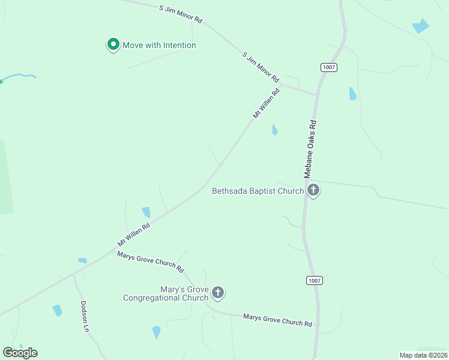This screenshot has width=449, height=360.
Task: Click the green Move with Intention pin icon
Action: pyautogui.click(x=112, y=44)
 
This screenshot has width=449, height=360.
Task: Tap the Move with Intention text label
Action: pyautogui.click(x=159, y=45)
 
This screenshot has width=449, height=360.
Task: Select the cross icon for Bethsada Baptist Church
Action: pyautogui.click(x=313, y=191)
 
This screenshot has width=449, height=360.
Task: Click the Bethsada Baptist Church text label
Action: pyautogui.click(x=258, y=191)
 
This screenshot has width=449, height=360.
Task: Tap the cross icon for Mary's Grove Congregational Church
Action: pyautogui.click(x=218, y=293)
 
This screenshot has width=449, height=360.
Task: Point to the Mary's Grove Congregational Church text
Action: pyautogui.click(x=166, y=293)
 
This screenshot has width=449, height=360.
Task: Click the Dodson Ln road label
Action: pyautogui.click(x=85, y=316)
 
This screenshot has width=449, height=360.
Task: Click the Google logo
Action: pyautogui.click(x=20, y=352)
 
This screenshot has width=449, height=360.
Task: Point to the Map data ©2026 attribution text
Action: pyautogui.click(x=423, y=355)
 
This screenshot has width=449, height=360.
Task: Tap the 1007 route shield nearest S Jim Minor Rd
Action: pyautogui.click(x=328, y=67)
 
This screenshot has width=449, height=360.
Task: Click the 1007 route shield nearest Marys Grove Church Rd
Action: pyautogui.click(x=314, y=280)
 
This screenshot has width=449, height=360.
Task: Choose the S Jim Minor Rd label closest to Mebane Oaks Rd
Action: pyautogui.click(x=261, y=67)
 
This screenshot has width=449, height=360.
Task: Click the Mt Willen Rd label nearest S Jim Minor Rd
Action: pyautogui.click(x=267, y=103)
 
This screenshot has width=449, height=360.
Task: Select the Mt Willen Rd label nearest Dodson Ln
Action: pyautogui.click(x=133, y=232)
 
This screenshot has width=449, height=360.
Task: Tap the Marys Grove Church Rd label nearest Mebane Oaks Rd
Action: pyautogui.click(x=277, y=320)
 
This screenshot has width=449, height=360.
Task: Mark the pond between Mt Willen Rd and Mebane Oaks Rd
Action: pyautogui.click(x=274, y=130)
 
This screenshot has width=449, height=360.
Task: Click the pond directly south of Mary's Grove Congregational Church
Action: pyautogui.click(x=157, y=331)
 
